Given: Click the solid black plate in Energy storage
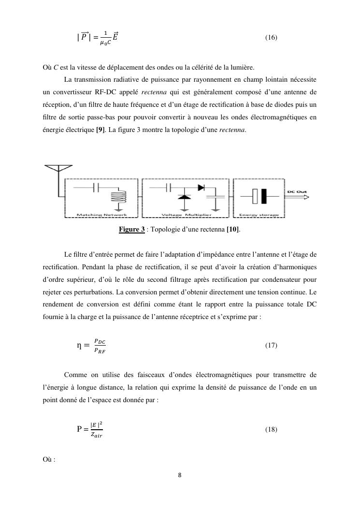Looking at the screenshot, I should coord(265,196).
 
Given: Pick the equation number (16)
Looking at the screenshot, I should coord(271,37).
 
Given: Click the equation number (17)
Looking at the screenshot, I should coord(271,346).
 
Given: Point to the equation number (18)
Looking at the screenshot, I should coord(271,429).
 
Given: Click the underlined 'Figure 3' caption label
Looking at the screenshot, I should coord(132,229).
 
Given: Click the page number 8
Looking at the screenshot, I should coord(180,475).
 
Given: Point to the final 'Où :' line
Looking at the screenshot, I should coord(49,459).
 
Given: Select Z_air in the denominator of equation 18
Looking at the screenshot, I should coord(97,435).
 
